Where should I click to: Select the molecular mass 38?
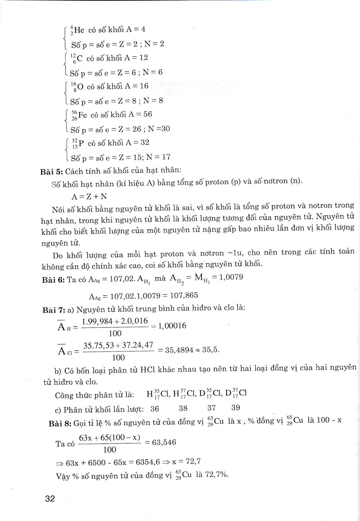pos(183,408)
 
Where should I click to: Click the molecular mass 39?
pos(235,408)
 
